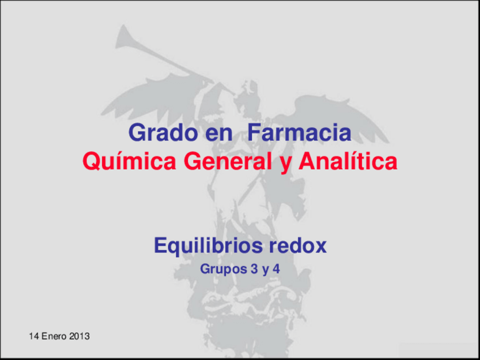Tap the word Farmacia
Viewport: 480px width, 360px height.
(299, 134)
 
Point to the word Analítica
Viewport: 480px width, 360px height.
(347, 162)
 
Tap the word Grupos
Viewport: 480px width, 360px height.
(221, 270)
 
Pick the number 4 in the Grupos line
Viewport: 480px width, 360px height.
(276, 269)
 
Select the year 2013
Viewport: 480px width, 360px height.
(80, 336)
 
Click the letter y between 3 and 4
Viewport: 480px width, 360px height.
(264, 271)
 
